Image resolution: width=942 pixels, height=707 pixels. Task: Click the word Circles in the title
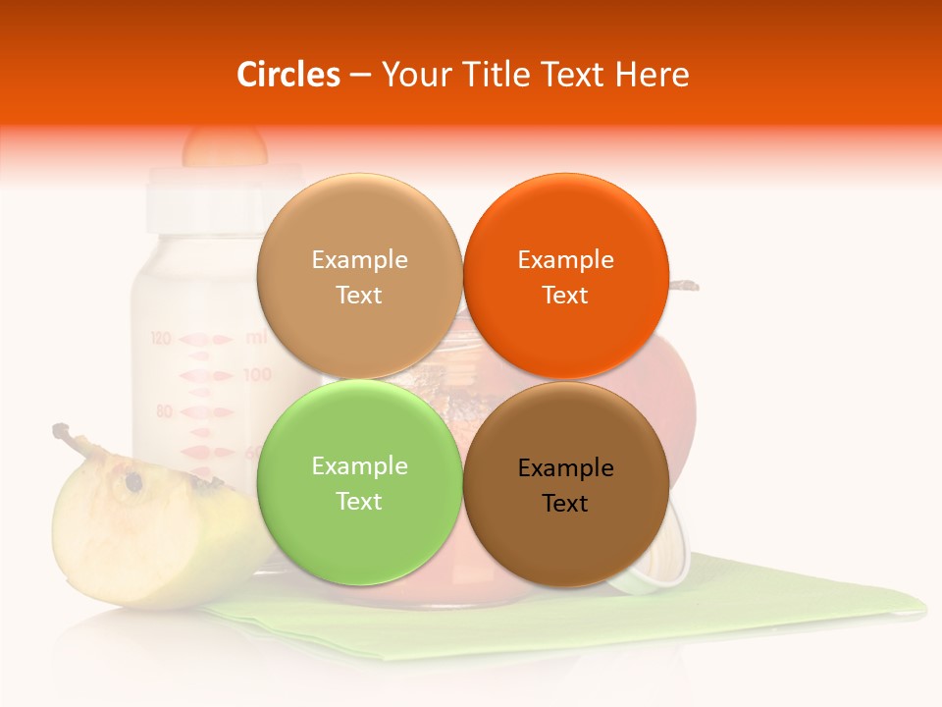tap(288, 75)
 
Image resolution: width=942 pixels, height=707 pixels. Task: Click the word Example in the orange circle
tap(565, 260)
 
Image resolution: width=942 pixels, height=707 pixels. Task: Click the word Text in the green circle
tap(359, 502)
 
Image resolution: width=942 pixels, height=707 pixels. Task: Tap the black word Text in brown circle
tap(565, 504)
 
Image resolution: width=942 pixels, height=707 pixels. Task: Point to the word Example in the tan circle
tap(359, 260)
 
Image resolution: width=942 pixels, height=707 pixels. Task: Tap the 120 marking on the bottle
tap(162, 339)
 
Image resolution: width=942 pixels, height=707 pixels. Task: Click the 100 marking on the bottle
tap(257, 374)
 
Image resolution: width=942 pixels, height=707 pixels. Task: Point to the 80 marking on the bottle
tap(164, 410)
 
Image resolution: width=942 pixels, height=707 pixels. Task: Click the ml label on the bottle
tap(256, 338)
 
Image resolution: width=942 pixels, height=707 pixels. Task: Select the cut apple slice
tap(147, 530)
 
